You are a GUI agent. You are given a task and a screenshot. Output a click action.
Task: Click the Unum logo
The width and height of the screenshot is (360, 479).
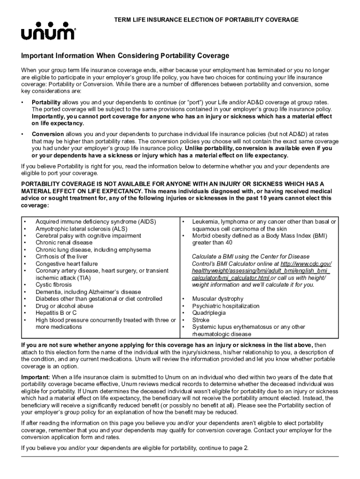tap(45, 33)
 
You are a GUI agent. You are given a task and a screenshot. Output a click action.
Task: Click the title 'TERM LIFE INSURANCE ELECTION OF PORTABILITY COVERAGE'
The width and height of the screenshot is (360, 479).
tap(207, 20)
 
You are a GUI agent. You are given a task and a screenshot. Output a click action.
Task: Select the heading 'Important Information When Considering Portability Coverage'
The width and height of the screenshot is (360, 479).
tap(125, 56)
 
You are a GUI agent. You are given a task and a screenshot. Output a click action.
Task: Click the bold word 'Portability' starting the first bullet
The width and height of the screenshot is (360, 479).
tap(46, 102)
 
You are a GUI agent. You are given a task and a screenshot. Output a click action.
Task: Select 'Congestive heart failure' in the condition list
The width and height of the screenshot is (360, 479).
tap(67, 263)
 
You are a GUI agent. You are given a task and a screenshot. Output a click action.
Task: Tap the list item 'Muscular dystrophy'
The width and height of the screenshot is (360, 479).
tap(218, 299)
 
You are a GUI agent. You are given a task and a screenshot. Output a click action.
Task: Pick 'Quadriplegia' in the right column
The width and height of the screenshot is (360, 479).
tap(209, 313)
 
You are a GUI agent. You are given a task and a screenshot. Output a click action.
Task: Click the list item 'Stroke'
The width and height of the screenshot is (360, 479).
tap(201, 320)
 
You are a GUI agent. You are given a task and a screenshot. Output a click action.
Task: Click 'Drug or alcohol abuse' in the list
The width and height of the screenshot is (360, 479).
tap(65, 306)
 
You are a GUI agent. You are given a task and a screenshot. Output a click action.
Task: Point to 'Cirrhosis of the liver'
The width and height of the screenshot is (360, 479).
tap(62, 256)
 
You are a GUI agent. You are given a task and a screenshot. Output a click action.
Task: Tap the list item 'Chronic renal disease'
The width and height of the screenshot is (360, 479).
tap(64, 242)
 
